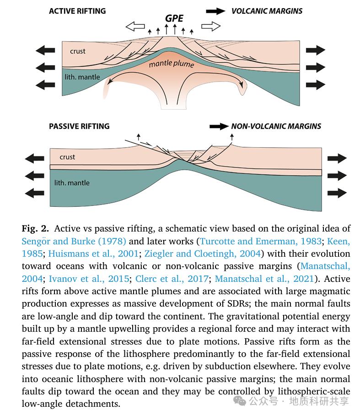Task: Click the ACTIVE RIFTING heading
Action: coord(77,11)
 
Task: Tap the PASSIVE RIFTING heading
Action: coord(79,126)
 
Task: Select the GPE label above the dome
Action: coord(174,18)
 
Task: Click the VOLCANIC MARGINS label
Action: coord(267,11)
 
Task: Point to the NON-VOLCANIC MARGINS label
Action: coord(276,126)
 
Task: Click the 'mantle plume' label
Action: coord(172,65)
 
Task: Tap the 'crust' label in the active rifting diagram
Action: coord(78,51)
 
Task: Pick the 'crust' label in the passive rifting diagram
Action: coord(67,157)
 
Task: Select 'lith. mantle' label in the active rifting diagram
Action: coord(83,77)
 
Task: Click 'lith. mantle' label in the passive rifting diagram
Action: coord(72,183)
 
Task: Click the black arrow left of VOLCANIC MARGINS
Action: coord(216,11)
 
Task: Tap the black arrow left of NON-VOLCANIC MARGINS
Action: coord(219,126)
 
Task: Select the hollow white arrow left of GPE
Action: coord(138,27)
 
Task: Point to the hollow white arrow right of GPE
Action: coord(210,27)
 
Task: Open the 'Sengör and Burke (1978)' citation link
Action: coord(74,241)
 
